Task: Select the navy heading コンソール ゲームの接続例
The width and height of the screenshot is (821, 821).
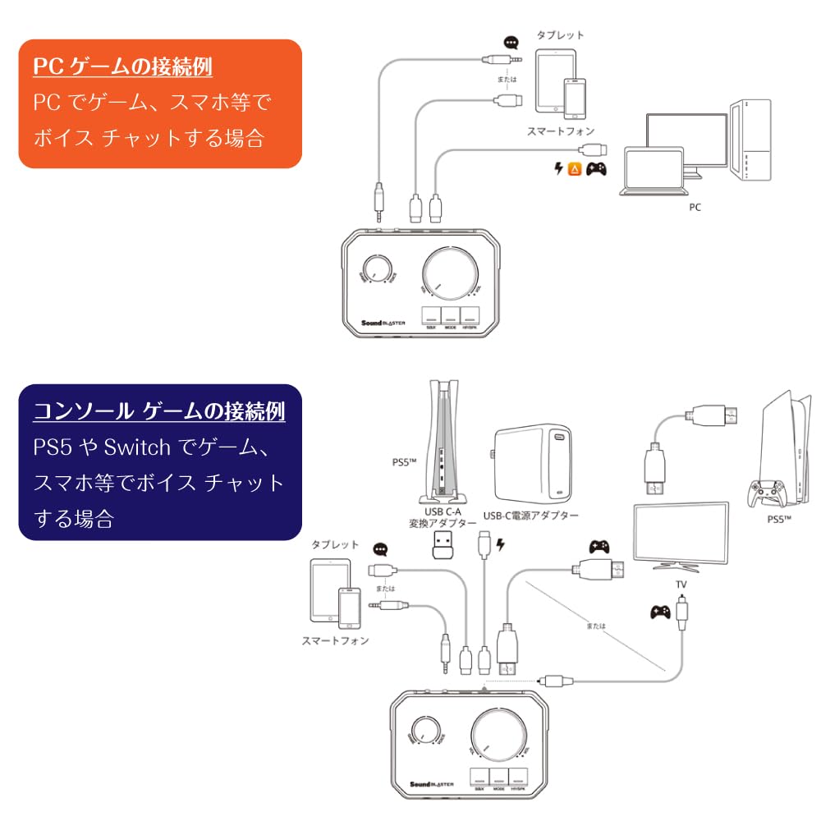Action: point(159,410)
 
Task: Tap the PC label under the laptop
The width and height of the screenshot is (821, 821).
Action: point(695,208)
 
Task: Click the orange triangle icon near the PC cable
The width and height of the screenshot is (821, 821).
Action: point(576,169)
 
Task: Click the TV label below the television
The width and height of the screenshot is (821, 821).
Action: point(681,584)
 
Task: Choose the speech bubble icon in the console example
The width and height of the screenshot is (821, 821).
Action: point(379,550)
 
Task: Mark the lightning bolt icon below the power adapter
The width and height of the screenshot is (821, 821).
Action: point(501,543)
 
